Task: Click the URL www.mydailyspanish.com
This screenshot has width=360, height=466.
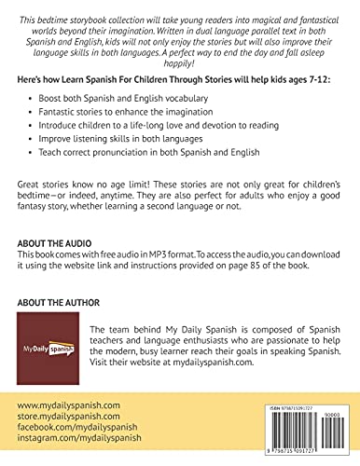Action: point(68,404)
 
